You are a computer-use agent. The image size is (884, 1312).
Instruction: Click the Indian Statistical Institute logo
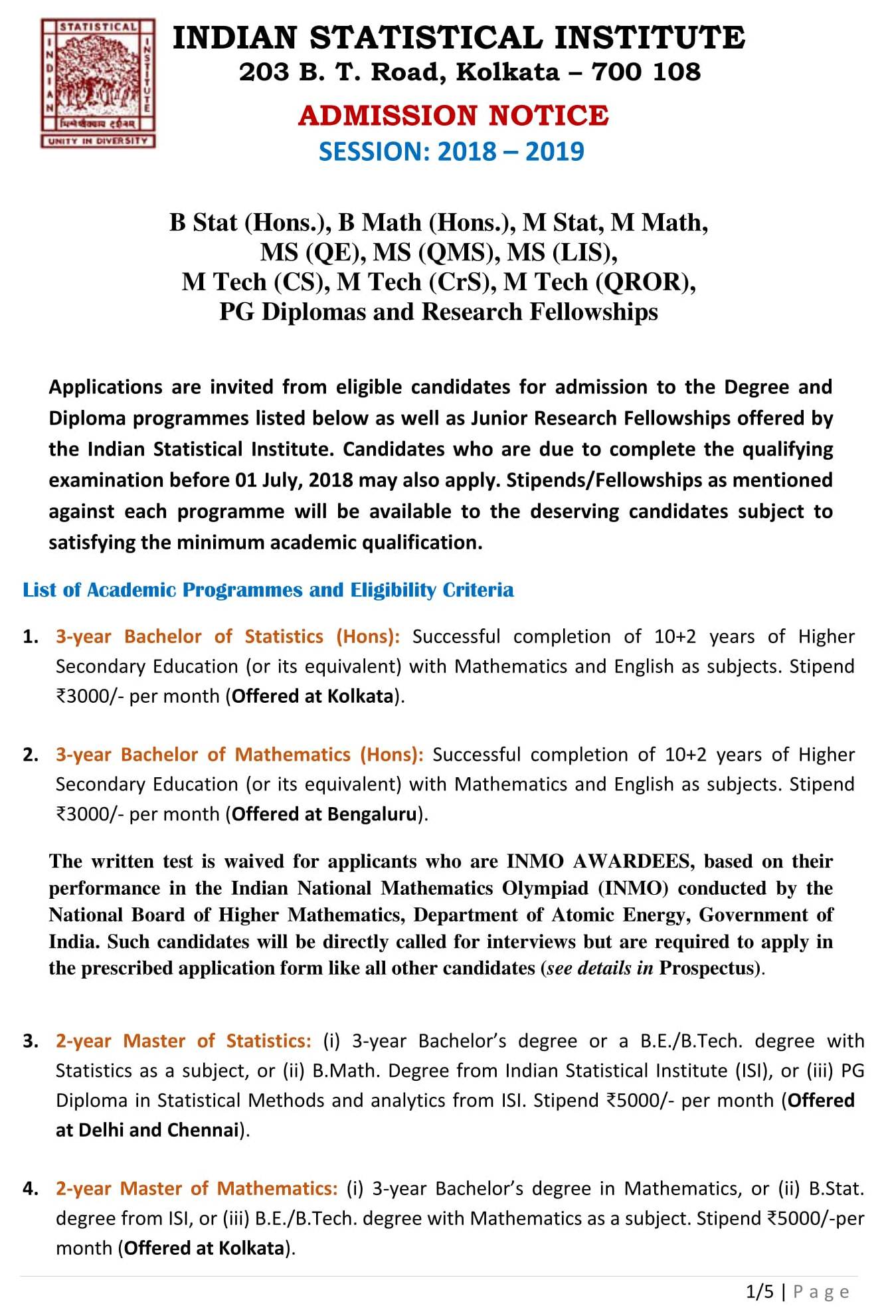[x=98, y=83]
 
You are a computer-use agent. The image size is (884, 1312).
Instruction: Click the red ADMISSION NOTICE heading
[x=453, y=116]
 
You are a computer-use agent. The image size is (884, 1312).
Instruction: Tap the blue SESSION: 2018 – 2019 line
[x=452, y=151]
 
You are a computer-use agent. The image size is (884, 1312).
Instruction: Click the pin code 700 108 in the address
[x=646, y=72]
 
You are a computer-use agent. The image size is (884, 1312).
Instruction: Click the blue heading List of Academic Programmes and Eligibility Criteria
[x=268, y=590]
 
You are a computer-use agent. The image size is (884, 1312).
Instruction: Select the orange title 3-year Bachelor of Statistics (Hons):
[x=227, y=636]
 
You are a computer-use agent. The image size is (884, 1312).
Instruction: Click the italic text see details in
[x=600, y=968]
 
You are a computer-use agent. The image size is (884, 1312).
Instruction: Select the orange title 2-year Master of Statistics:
[x=183, y=1041]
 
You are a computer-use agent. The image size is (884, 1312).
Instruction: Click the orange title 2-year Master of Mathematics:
[x=197, y=1188]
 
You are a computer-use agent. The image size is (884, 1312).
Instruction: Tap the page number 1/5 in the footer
[x=759, y=1291]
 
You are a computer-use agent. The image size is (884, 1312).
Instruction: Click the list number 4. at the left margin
[x=31, y=1188]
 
